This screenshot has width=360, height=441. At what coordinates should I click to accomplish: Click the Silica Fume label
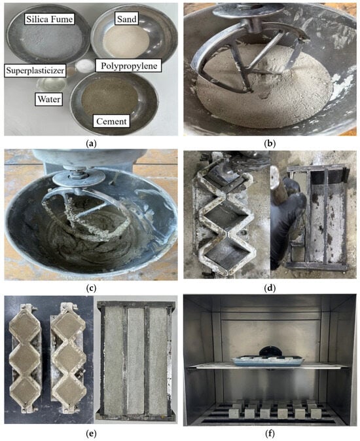tap(50, 19)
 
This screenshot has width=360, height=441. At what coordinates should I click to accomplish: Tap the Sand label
tap(127, 19)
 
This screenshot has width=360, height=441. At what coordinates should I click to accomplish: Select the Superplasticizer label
tap(35, 70)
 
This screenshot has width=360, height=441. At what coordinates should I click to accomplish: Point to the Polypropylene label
tap(129, 66)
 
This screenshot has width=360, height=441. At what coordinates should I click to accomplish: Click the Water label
tap(49, 100)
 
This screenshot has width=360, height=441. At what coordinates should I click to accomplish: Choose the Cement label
tap(111, 121)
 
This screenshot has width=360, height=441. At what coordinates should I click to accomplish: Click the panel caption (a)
tap(90, 144)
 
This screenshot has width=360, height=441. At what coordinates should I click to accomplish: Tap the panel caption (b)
tap(270, 144)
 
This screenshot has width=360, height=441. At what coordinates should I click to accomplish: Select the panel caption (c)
tap(90, 288)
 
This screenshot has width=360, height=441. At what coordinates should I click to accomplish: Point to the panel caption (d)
tap(270, 288)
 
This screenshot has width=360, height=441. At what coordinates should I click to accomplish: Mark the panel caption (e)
tap(90, 434)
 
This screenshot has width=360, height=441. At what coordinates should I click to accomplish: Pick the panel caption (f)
tap(270, 434)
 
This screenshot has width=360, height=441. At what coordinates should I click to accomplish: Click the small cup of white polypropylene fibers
tap(83, 66)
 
